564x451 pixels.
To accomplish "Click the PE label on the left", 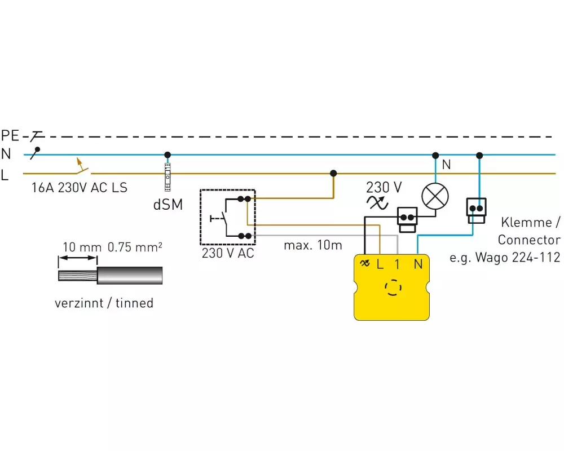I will point(10,135).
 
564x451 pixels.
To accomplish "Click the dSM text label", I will point(168,205).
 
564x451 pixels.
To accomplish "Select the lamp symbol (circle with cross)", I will point(435,196).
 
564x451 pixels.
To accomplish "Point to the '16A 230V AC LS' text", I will point(80,188).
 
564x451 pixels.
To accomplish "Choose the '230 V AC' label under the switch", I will point(228,254).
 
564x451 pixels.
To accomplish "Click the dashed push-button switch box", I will point(228,217).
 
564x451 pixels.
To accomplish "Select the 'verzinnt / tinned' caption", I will point(104,303).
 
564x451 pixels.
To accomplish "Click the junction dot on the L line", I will point(333,173).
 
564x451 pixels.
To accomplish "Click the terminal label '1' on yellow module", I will point(397,263).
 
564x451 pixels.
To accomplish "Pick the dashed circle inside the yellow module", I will point(391,288).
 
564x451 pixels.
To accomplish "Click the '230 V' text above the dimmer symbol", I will point(384,187).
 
